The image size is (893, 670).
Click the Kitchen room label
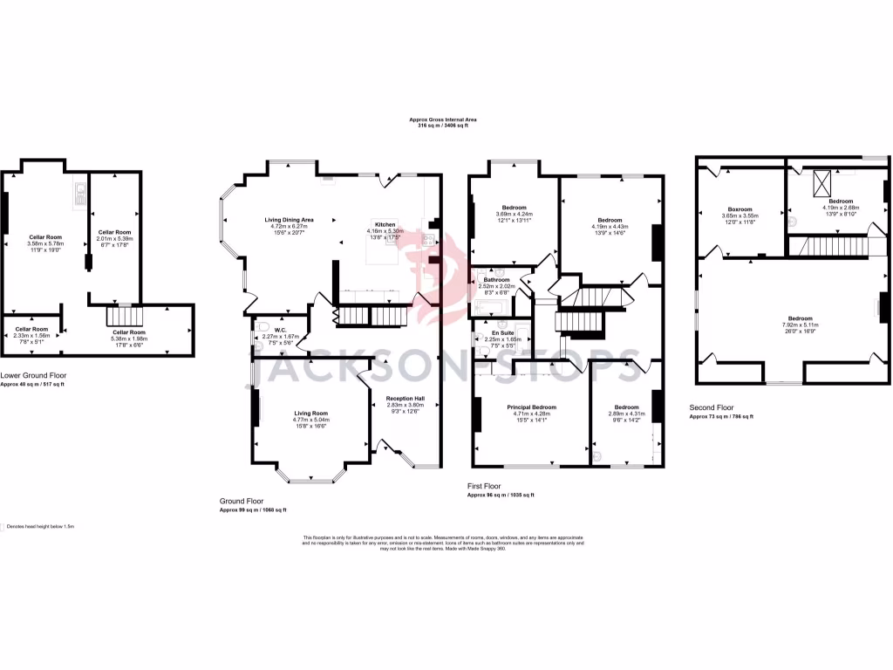coord(385,224)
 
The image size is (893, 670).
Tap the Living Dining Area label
coord(290,219)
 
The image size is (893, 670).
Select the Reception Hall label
coord(405,399)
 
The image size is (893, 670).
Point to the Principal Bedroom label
coord(531,407)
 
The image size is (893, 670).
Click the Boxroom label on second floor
coord(740,209)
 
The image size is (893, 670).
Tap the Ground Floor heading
coord(242,502)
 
